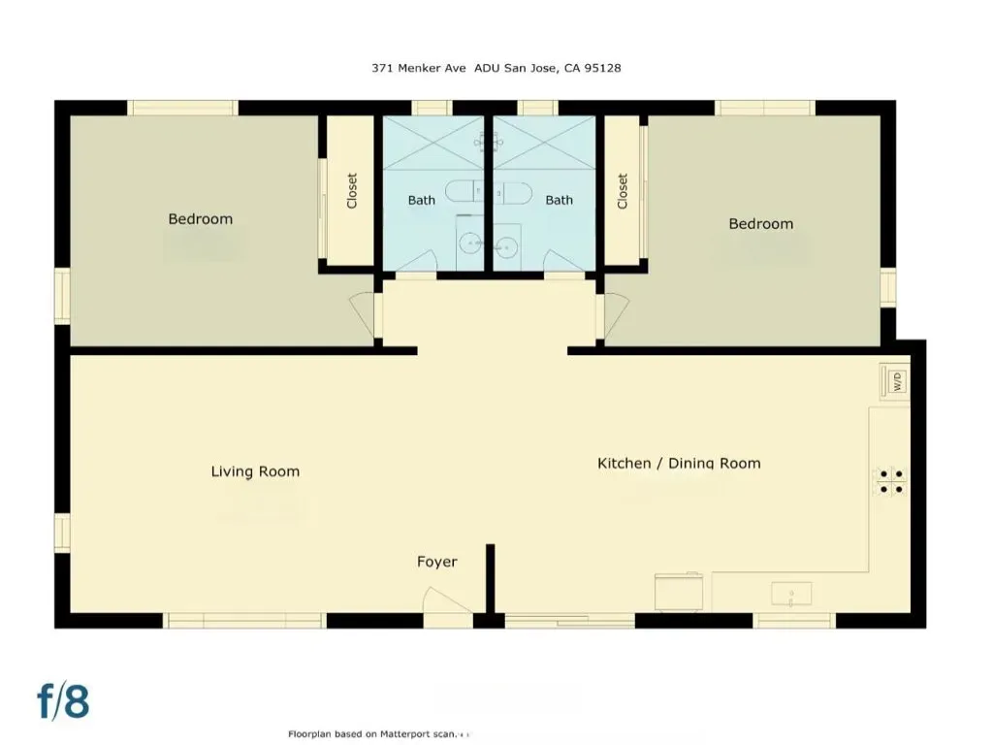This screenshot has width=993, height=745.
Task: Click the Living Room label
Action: point(255,471)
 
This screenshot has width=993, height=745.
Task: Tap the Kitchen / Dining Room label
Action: point(679,463)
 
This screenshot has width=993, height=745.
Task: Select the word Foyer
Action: point(437,562)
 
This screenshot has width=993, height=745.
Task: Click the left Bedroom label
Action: point(200,219)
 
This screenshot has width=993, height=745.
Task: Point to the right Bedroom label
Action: point(760,224)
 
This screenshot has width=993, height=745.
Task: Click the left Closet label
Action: point(352,191)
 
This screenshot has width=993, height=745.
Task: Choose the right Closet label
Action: point(622,191)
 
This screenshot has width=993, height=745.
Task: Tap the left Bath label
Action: point(421,200)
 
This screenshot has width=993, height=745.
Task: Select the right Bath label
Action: point(560,200)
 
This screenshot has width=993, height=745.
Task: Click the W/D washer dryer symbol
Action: point(895,381)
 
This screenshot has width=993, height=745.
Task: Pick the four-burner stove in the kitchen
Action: point(890,481)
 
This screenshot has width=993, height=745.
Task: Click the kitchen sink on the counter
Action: point(791,595)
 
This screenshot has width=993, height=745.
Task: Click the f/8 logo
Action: point(63,701)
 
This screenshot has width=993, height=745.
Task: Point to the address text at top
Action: point(496,68)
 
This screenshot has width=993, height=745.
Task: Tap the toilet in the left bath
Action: point(464,191)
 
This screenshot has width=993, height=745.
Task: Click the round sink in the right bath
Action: point(506,246)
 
